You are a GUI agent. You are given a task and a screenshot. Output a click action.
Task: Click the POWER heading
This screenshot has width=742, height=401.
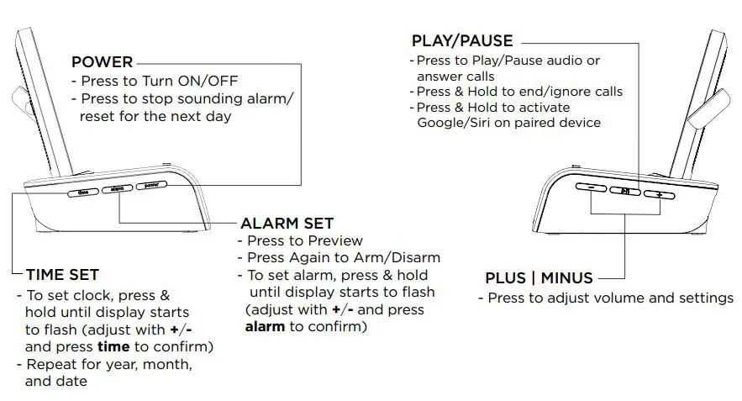102,62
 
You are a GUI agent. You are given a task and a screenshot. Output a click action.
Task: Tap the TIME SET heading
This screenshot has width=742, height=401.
62,275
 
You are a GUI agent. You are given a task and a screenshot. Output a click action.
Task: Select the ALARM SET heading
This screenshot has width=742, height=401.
287,224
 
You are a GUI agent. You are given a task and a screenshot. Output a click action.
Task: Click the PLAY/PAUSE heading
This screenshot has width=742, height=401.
461,40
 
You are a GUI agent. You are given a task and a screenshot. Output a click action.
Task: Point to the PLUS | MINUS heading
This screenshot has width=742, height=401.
539,278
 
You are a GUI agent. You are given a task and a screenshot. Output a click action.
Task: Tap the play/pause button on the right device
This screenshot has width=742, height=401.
625,192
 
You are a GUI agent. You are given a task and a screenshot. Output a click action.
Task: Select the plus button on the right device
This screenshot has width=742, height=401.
660,194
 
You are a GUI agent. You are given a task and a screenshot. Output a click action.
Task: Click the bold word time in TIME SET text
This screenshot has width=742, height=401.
113,346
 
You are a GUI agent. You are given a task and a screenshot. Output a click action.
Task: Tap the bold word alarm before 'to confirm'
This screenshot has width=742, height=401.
265,327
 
